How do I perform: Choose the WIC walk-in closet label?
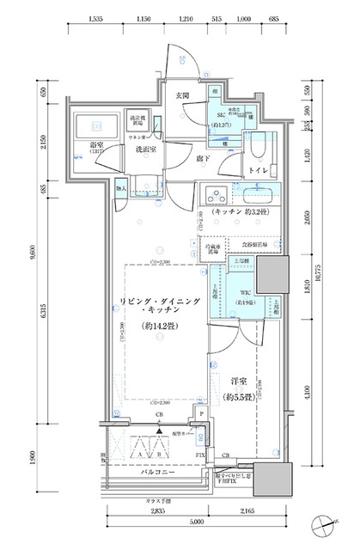(x=244, y=291)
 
